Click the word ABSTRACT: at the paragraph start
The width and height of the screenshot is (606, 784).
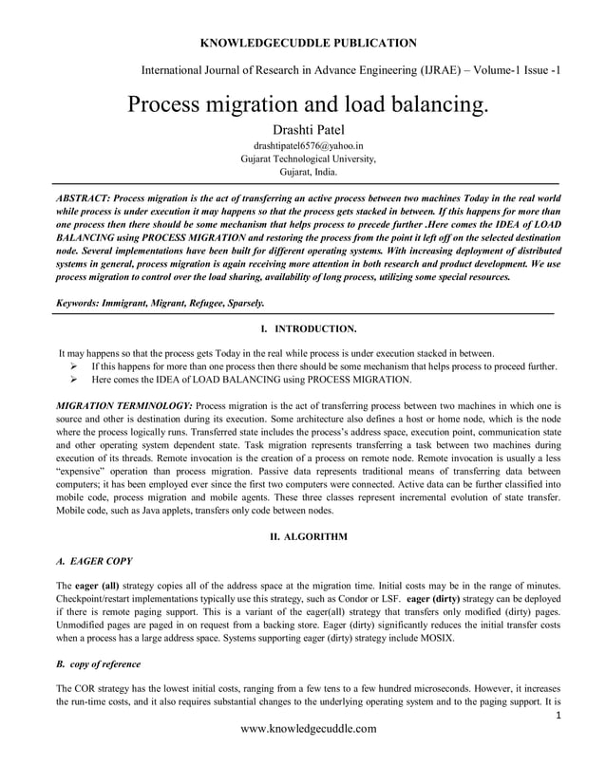click(x=83, y=195)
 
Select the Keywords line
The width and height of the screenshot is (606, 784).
click(x=161, y=302)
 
